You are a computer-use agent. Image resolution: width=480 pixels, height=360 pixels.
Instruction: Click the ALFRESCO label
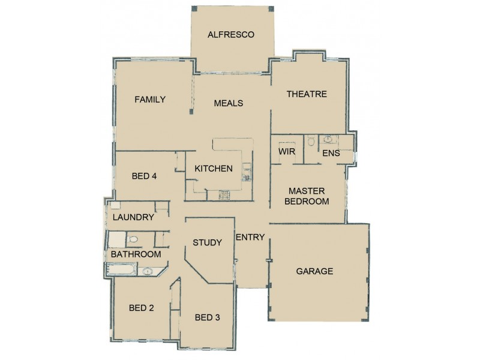coord(231,35)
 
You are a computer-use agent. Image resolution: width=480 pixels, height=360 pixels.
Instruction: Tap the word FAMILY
coord(149,100)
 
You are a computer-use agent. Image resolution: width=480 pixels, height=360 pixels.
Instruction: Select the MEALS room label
coord(229,103)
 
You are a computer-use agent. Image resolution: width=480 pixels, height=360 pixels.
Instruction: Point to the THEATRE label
coord(306,94)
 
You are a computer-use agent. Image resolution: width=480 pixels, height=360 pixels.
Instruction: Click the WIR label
coord(286,152)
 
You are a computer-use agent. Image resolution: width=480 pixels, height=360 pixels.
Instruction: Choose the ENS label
coord(331,154)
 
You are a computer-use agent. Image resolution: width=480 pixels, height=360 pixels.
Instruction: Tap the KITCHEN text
coord(213,169)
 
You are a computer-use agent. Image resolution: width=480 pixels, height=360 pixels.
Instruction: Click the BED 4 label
coord(144,176)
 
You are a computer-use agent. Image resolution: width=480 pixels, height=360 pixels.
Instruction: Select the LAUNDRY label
coord(133,218)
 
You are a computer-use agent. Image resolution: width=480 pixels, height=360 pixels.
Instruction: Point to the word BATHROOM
coord(135,254)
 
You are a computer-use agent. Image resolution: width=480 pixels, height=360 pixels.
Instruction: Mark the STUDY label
coord(207,243)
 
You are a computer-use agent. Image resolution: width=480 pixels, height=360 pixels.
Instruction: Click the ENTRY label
coord(250,237)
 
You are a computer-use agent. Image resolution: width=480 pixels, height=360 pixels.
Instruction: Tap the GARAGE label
coord(314,271)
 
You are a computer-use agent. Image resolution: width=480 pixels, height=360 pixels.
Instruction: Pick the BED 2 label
coord(142,308)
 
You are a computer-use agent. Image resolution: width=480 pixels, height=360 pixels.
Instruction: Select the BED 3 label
coord(206,317)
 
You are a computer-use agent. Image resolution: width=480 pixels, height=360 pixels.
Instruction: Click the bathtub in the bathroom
coord(121,272)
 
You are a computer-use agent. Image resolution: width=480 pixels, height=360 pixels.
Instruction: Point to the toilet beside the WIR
coord(310,142)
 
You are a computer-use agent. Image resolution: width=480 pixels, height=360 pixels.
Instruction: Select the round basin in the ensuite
coord(328,139)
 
